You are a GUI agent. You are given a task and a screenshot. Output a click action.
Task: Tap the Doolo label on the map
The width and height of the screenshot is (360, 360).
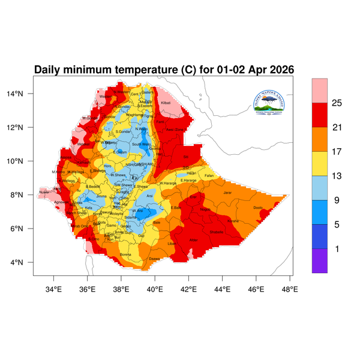tap(258, 208)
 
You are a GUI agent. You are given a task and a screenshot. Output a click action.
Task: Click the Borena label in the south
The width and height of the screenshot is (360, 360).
tap(126, 254)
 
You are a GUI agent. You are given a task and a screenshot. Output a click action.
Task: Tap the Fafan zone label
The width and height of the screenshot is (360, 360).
tap(209, 175)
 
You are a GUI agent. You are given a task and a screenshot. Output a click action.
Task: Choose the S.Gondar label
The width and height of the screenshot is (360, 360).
tap(123, 131)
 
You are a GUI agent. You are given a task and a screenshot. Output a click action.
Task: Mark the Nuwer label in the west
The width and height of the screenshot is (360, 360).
tap(44, 193)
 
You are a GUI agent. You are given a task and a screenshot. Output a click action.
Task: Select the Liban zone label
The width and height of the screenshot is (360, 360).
tap(172, 244)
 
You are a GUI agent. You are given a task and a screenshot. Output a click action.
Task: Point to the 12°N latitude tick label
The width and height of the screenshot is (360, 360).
tap(23, 127)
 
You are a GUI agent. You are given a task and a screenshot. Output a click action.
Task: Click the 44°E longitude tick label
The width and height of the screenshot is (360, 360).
tap(223, 289)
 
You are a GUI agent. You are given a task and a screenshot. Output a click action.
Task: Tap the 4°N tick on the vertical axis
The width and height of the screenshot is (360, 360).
tap(25, 262)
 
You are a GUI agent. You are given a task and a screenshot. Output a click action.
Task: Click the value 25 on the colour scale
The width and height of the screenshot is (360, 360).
tap(337, 103)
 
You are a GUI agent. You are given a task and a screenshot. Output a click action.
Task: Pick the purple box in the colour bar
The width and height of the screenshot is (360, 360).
tap(319, 261)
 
